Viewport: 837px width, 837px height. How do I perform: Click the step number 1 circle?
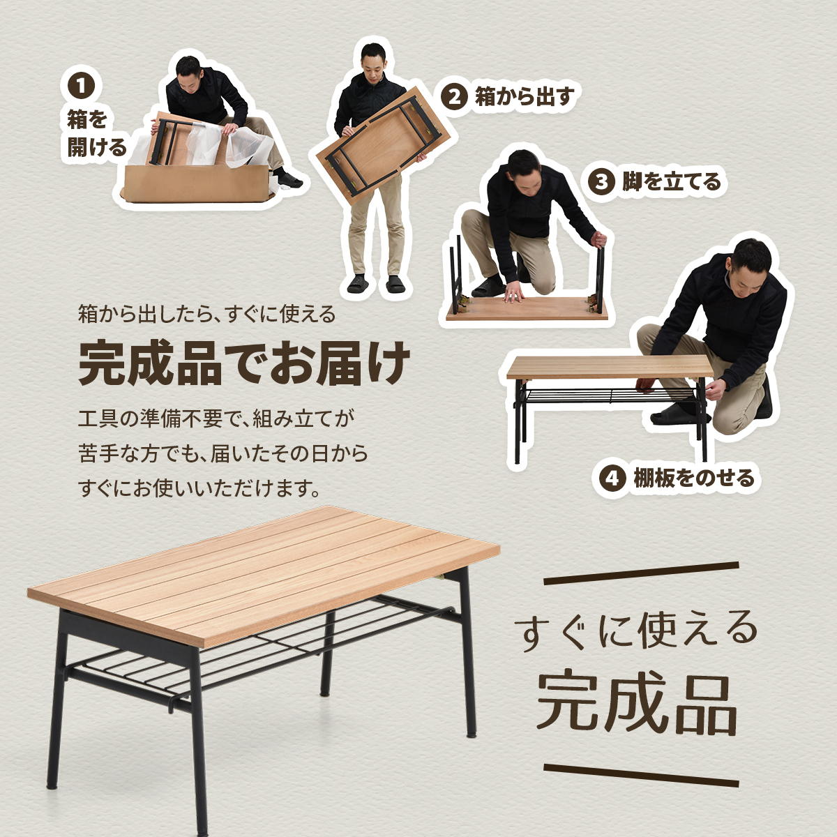pyautogui.click(x=82, y=86)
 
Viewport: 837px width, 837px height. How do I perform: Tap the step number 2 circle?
pyautogui.click(x=455, y=96)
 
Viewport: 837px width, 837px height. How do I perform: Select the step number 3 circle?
pyautogui.click(x=602, y=183)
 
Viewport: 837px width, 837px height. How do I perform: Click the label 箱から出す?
pyautogui.click(x=524, y=96)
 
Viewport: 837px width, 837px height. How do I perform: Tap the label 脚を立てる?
pyautogui.click(x=671, y=183)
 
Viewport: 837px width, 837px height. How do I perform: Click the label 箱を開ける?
pyautogui.click(x=96, y=133)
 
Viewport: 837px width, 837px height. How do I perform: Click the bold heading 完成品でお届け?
pyautogui.click(x=244, y=363)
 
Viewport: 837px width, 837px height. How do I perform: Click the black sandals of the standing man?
pyautogui.click(x=377, y=284)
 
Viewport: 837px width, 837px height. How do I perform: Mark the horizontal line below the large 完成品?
pyautogui.click(x=640, y=773)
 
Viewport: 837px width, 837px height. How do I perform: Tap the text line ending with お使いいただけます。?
pyautogui.click(x=200, y=488)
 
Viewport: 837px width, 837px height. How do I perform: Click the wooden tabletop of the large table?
pyautogui.click(x=265, y=572)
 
